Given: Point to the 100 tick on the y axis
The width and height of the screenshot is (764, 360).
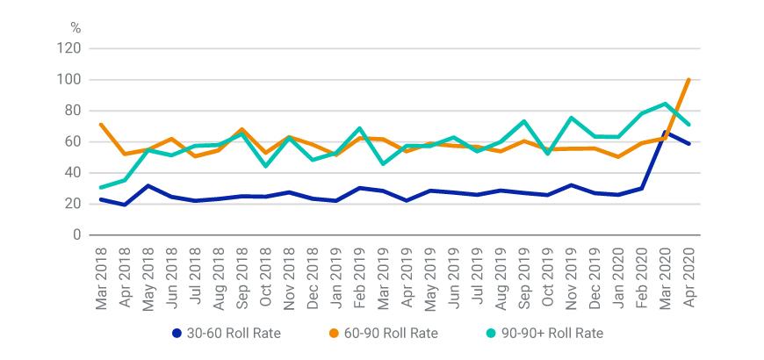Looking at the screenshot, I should click(x=70, y=80).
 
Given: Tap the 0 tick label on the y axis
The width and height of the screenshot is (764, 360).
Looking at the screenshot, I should click(x=76, y=235).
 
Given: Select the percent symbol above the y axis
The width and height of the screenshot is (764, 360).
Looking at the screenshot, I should click(x=75, y=29).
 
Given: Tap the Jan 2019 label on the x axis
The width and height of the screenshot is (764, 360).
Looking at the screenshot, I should click(x=336, y=273).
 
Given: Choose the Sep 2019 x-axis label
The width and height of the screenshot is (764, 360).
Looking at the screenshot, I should click(x=523, y=273).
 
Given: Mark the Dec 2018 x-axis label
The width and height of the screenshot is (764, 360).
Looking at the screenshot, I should click(x=314, y=273).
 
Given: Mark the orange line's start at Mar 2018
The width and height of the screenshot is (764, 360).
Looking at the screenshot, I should click(x=101, y=125).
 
